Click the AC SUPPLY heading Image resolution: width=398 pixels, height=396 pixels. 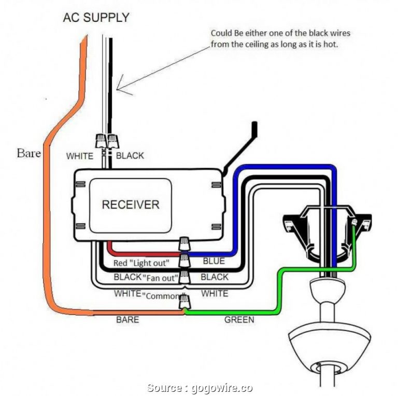tap(96, 18)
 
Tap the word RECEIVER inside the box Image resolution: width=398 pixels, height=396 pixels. tap(130, 204)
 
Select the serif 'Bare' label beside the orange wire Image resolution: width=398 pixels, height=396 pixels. tap(29, 153)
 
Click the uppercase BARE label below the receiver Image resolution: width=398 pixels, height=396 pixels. tap(127, 320)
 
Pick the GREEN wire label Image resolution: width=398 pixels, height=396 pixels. tap(239, 320)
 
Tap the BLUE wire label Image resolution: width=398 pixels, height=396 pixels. tap(214, 261)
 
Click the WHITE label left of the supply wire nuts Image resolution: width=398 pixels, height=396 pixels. tap(79, 156)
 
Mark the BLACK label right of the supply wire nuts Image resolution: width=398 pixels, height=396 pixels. tap(130, 156)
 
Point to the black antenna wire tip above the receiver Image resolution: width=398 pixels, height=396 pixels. tap(254, 126)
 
